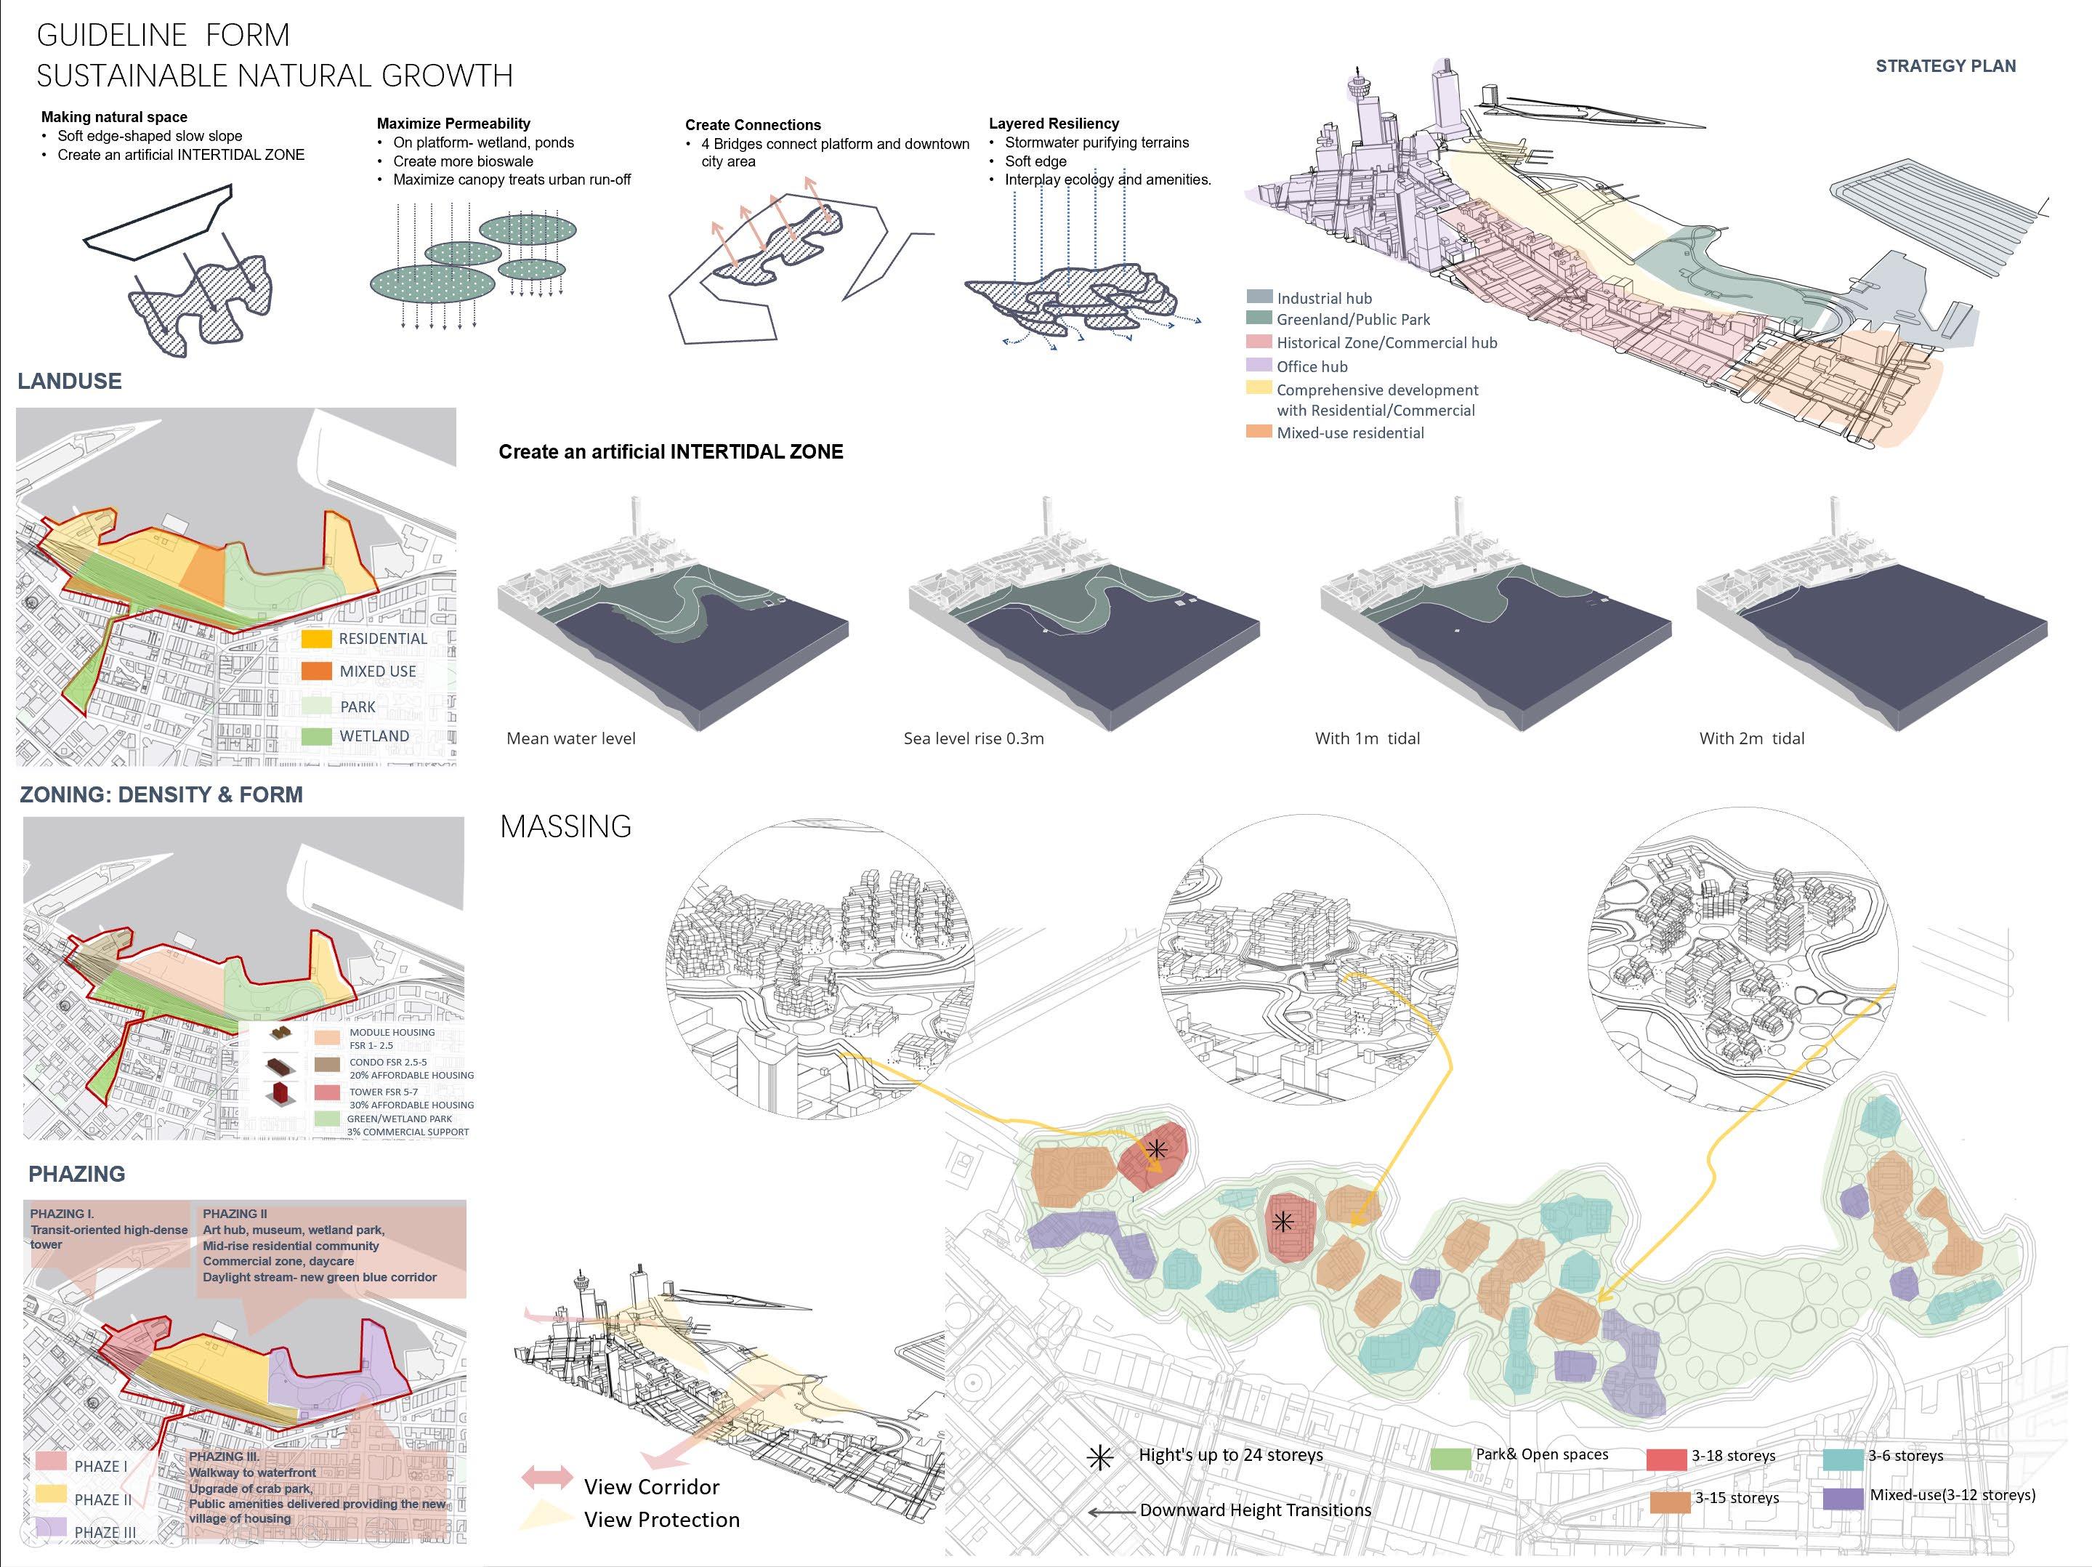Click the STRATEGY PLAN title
tap(1945, 66)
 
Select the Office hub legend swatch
tap(1259, 365)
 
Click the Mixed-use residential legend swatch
tap(1259, 431)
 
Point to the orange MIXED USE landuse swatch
tap(316, 672)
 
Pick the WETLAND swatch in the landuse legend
tap(316, 736)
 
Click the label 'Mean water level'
tap(570, 738)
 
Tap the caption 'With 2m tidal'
tap(1751, 738)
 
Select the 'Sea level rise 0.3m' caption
tap(973, 738)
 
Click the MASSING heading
tap(565, 826)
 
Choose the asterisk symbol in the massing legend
tap(1100, 1457)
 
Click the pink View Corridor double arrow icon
tap(548, 1477)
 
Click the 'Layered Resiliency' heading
tap(1054, 124)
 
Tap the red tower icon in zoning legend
tap(280, 1094)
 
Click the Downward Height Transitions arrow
tap(1111, 1512)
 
